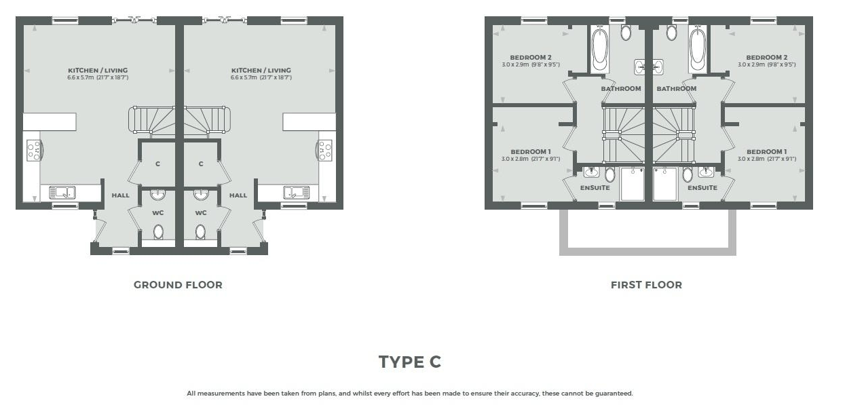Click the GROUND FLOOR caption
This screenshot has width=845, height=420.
[x=178, y=285]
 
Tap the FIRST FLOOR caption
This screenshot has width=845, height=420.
[x=646, y=285]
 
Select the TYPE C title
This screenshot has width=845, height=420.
[x=410, y=362]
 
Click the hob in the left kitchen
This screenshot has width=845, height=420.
[x=35, y=150]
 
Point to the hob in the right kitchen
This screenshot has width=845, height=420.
[x=324, y=150]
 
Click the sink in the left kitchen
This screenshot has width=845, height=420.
[x=62, y=192]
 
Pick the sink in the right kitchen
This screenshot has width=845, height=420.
[x=297, y=192]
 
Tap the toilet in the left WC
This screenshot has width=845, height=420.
[x=158, y=232]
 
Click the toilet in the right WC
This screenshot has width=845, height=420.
[x=200, y=232]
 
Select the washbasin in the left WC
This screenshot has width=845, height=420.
[x=157, y=195]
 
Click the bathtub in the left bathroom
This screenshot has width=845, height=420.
[x=599, y=50]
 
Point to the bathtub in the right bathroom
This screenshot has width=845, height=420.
[x=698, y=50]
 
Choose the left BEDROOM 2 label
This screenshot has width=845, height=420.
[x=531, y=57]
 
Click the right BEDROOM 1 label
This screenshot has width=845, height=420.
[x=766, y=151]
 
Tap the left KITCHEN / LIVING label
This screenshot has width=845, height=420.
[x=98, y=70]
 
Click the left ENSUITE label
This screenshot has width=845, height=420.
[x=595, y=187]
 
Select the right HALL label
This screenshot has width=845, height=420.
[x=238, y=195]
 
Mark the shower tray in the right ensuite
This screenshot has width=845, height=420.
[x=665, y=184]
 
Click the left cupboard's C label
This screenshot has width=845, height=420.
[x=157, y=164]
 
